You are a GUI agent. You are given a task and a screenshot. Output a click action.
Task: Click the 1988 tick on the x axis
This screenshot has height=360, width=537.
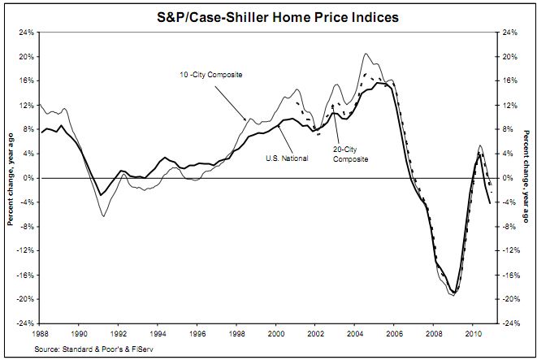point(40,333)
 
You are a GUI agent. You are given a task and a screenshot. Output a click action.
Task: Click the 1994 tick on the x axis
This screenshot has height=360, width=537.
point(158,333)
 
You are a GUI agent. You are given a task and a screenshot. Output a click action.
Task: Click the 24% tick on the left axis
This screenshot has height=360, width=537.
point(25,33)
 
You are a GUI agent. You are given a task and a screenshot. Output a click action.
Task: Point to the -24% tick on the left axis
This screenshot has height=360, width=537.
point(24,323)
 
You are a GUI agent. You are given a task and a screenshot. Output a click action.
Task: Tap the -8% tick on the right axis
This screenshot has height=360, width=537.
point(510,227)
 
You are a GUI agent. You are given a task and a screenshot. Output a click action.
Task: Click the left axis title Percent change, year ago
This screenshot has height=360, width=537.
point(10,177)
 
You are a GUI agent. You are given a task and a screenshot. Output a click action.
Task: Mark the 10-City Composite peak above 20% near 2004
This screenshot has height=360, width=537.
point(366,54)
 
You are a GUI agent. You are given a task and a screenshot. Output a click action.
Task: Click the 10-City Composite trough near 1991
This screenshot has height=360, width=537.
point(103,215)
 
